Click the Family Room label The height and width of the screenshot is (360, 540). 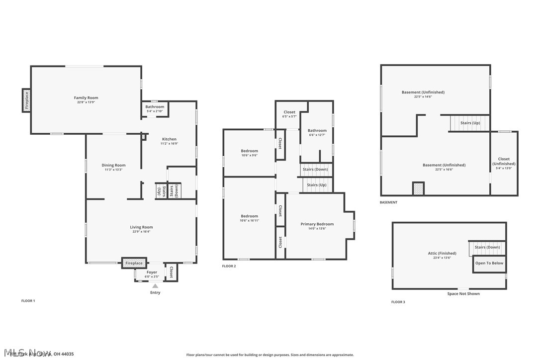tap(86, 98)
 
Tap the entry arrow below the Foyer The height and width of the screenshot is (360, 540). tap(155, 286)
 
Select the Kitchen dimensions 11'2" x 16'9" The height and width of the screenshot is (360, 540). tap(169, 144)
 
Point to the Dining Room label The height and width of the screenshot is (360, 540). tap(113, 165)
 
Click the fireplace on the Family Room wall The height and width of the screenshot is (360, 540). tap(26, 100)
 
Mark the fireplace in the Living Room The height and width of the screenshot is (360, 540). tap(134, 263)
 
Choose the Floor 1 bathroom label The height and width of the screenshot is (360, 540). tap(155, 107)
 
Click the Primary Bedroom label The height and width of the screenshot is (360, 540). tap(317, 224)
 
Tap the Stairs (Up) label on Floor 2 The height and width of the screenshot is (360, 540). tap(317, 185)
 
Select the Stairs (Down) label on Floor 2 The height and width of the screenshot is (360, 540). tap(315, 170)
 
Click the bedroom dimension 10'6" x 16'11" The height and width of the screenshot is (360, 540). tap(249, 220)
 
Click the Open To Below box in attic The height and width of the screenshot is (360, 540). tap(489, 263)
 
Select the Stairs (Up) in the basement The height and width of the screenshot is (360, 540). tap(470, 123)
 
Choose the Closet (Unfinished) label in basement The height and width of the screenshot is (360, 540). tap(504, 162)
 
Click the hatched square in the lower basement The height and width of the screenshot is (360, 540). tap(419, 189)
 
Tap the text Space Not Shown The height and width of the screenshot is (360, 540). tap(463, 294)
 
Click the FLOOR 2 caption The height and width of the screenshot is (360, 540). tap(229, 267)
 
